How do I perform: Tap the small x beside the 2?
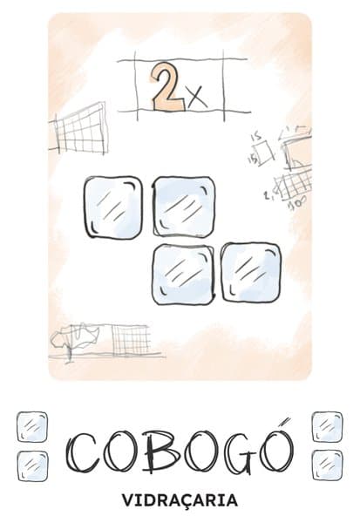(x=198, y=98)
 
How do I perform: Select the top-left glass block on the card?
(x=113, y=207)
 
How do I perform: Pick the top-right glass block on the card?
(x=184, y=207)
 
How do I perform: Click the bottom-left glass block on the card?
(x=182, y=275)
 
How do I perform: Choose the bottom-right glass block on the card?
(x=251, y=273)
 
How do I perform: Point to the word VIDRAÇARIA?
(x=180, y=500)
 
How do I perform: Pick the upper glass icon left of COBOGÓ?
(x=32, y=427)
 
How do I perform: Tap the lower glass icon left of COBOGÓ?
(x=32, y=466)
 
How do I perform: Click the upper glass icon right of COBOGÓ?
(x=327, y=427)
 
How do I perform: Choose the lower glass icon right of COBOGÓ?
(x=327, y=465)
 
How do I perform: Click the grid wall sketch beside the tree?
(x=131, y=340)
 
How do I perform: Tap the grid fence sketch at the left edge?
(x=79, y=129)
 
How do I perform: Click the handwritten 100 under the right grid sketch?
(x=297, y=206)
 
